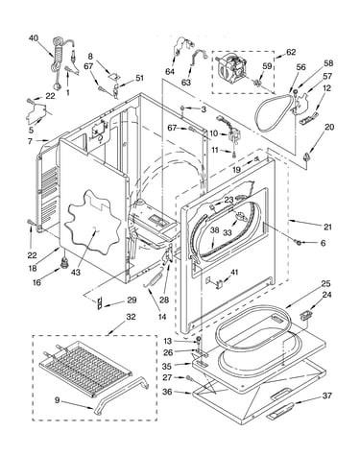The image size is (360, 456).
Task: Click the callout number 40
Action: point(34,38)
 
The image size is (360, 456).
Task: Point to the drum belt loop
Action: point(275,112)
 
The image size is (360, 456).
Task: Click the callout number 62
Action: point(291,52)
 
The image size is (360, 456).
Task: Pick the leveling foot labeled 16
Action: point(65,263)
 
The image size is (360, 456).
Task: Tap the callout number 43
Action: point(76,273)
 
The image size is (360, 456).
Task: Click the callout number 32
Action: point(131,317)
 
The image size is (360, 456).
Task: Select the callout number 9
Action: point(57,399)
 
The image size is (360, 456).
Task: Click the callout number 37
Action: point(326,396)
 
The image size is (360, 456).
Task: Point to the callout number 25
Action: point(326,283)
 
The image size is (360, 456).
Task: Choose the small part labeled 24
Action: point(305,315)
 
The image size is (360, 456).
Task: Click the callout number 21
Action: point(327,227)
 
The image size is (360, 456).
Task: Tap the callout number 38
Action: point(215,229)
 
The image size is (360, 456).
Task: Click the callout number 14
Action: point(162,317)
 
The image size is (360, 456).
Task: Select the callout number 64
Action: point(170,71)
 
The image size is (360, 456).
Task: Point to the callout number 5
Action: point(31,130)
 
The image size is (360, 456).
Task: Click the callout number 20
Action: point(329,127)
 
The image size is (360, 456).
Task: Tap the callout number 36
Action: point(167,392)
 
